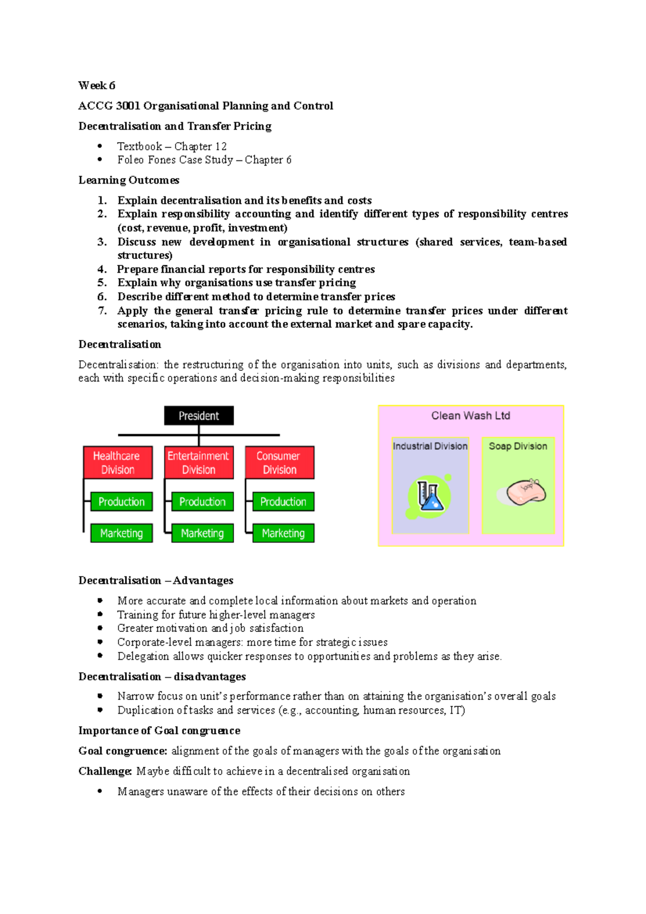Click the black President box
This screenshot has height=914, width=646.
click(199, 416)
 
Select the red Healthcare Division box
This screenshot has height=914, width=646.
click(117, 462)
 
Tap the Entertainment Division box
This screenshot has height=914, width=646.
click(199, 462)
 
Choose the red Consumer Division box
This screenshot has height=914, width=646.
click(279, 462)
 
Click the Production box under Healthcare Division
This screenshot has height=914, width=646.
click(121, 502)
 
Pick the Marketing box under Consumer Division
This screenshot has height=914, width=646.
click(283, 533)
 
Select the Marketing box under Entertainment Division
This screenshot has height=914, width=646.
click(202, 533)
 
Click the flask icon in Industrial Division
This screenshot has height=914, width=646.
click(429, 497)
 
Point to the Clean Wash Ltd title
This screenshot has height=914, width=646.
click(471, 416)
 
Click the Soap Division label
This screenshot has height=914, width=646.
click(518, 446)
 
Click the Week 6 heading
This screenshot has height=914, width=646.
click(96, 86)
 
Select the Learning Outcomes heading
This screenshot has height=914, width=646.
click(129, 180)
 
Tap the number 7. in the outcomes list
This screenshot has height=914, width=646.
click(102, 311)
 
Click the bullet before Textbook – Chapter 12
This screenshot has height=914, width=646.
click(100, 146)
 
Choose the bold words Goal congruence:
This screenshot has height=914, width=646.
click(123, 750)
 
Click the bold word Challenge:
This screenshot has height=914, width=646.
click(105, 771)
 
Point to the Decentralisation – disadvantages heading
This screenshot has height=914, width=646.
click(161, 676)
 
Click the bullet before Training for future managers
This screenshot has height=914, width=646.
click(100, 614)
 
